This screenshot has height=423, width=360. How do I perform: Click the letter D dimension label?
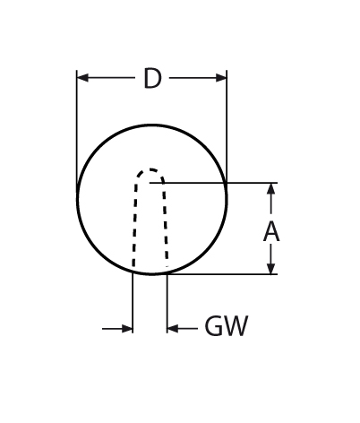pyautogui.click(x=152, y=79)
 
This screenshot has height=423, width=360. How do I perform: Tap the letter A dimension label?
pyautogui.click(x=271, y=232)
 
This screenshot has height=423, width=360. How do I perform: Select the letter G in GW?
pyautogui.click(x=214, y=326)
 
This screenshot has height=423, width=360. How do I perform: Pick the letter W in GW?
pyautogui.click(x=236, y=326)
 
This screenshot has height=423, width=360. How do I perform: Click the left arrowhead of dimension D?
pyautogui.click(x=82, y=78)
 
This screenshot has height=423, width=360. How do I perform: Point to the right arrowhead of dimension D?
pyautogui.click(x=221, y=78)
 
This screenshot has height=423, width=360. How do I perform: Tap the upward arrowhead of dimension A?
pyautogui.click(x=270, y=189)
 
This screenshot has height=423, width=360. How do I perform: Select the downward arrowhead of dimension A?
pyautogui.click(x=270, y=268)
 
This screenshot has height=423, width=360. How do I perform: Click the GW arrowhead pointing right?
pyautogui.click(x=127, y=329)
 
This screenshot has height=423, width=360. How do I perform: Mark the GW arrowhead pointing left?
pyautogui.click(x=173, y=329)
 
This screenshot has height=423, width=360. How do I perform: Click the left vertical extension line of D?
pyautogui.click(x=77, y=134)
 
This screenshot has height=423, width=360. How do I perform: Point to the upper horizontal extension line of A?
pyautogui.click(x=213, y=183)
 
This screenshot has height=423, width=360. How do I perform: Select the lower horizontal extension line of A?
pyautogui.click(x=221, y=274)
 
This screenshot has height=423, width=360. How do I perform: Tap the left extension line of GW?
pyautogui.click(x=133, y=302)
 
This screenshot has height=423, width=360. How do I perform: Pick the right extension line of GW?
pyautogui.click(x=167, y=303)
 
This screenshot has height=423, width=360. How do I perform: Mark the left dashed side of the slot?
pyautogui.click(x=134, y=224)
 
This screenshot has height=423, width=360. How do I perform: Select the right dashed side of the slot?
pyautogui.click(x=166, y=224)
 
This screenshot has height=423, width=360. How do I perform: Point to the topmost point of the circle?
pyautogui.click(x=152, y=125)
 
